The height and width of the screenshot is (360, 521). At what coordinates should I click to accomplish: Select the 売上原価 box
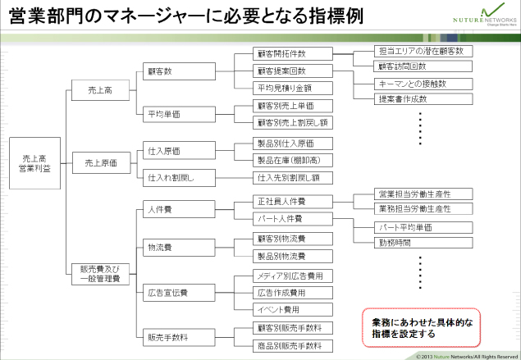(102, 162)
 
